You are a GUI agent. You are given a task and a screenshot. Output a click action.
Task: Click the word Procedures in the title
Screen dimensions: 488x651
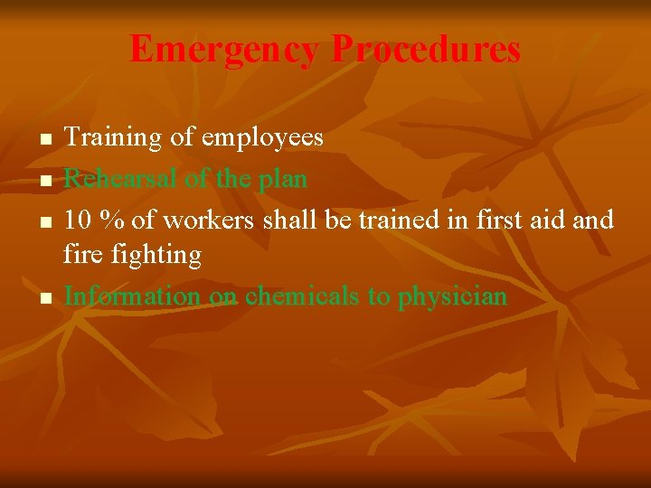(426, 50)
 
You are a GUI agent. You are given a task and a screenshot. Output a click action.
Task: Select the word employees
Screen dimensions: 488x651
(262, 137)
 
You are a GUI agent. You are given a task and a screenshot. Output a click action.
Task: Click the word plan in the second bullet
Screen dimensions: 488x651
(283, 179)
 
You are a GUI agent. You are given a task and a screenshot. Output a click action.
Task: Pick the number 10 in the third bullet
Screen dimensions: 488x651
(77, 220)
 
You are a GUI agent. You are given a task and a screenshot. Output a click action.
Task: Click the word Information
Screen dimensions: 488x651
(132, 296)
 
